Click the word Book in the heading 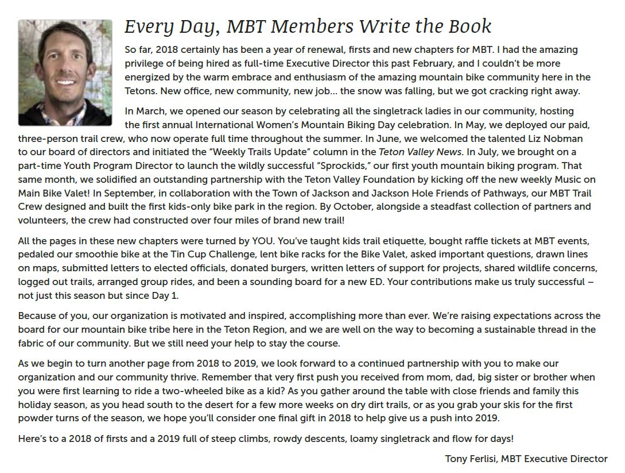click(x=469, y=26)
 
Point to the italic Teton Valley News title click(x=420, y=152)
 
